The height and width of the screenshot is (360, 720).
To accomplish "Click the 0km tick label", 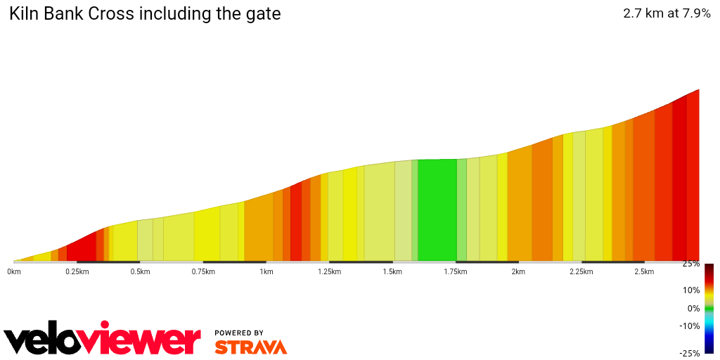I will pos(14,272).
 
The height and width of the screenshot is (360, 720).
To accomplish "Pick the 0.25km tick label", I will pos(77,272).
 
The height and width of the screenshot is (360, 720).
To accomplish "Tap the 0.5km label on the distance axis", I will pos(140,272).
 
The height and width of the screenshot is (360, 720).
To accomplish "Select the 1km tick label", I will pos(266,272).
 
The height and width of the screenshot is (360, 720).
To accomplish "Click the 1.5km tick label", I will pos(392,272).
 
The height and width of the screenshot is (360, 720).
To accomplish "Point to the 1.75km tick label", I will pos(455,272).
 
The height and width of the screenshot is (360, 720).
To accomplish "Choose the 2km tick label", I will pos(518,272).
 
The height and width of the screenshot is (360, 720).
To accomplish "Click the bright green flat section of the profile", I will pos(437,211).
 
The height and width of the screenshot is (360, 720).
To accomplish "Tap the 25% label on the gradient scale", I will pos(690,264).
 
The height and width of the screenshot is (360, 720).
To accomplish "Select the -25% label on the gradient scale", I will pos(689,354).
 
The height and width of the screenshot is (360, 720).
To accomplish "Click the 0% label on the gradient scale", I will pos(693,309).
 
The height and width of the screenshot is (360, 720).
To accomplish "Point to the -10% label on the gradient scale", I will pos(689,326).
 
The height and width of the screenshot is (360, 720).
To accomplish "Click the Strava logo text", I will pos(250,347).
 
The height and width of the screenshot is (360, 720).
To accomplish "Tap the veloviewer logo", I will pos(103,340).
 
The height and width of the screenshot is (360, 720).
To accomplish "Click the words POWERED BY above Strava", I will pos(239,333).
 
